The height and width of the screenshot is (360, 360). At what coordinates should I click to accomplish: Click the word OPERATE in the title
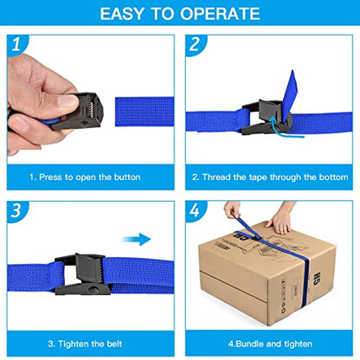(x=220, y=14)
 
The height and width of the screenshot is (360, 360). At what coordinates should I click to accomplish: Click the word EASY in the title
(x=122, y=14)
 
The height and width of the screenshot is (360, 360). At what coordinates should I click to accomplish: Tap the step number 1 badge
(x=16, y=44)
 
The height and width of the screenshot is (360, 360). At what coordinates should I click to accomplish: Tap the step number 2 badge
(x=195, y=44)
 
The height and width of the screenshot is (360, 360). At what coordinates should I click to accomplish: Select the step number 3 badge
(x=16, y=210)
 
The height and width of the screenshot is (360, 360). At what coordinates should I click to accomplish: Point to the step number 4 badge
(x=195, y=210)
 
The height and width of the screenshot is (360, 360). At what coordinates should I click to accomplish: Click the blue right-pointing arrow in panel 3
(x=136, y=239)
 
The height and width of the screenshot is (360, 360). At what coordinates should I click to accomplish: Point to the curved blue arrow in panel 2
(x=284, y=128)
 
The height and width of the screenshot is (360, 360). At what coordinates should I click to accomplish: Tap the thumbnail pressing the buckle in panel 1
(x=67, y=100)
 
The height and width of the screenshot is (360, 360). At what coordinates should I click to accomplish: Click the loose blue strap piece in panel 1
(x=145, y=112)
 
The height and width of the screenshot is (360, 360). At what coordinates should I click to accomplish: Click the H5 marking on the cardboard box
(x=317, y=278)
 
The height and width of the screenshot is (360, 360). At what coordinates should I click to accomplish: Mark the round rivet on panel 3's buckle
(x=93, y=289)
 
